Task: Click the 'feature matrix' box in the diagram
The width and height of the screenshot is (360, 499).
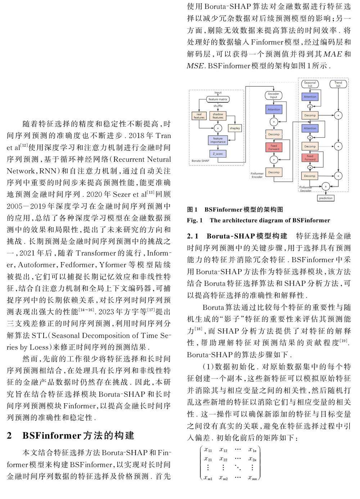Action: pyautogui.click(x=218, y=99)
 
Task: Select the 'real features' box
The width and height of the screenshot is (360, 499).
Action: pyautogui.click(x=199, y=116)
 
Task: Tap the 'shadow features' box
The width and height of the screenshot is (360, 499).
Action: pyautogui.click(x=218, y=116)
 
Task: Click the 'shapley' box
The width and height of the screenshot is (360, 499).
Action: pyautogui.click(x=235, y=128)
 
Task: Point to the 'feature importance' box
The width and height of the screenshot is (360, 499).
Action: pyautogui.click(x=218, y=140)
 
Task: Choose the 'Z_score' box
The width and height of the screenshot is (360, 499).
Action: pyautogui.click(x=218, y=154)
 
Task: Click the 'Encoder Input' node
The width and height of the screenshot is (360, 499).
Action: pyautogui.click(x=274, y=96)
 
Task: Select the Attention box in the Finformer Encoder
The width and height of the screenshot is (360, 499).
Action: pyautogui.click(x=274, y=109)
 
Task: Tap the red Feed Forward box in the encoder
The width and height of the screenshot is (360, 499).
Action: pyautogui.click(x=274, y=147)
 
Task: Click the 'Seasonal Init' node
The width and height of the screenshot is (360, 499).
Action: pyautogui.click(x=310, y=84)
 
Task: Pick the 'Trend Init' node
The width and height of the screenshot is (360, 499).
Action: pyautogui.click(x=338, y=84)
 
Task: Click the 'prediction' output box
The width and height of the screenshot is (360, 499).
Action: pyautogui.click(x=326, y=198)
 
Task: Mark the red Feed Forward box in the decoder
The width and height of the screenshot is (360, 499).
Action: pyautogui.click(x=310, y=158)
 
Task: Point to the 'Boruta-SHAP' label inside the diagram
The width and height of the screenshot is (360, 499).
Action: pyautogui.click(x=200, y=161)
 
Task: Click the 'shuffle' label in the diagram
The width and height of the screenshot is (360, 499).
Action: pyautogui.click(x=218, y=106)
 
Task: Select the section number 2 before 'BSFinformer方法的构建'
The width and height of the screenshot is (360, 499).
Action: pyautogui.click(x=9, y=436)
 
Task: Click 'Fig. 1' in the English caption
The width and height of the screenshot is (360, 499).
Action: pyautogui.click(x=195, y=220)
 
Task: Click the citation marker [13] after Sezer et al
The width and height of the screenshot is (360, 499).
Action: pyautogui.click(x=150, y=193)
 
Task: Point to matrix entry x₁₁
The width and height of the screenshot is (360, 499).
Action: pyautogui.click(x=208, y=449)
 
